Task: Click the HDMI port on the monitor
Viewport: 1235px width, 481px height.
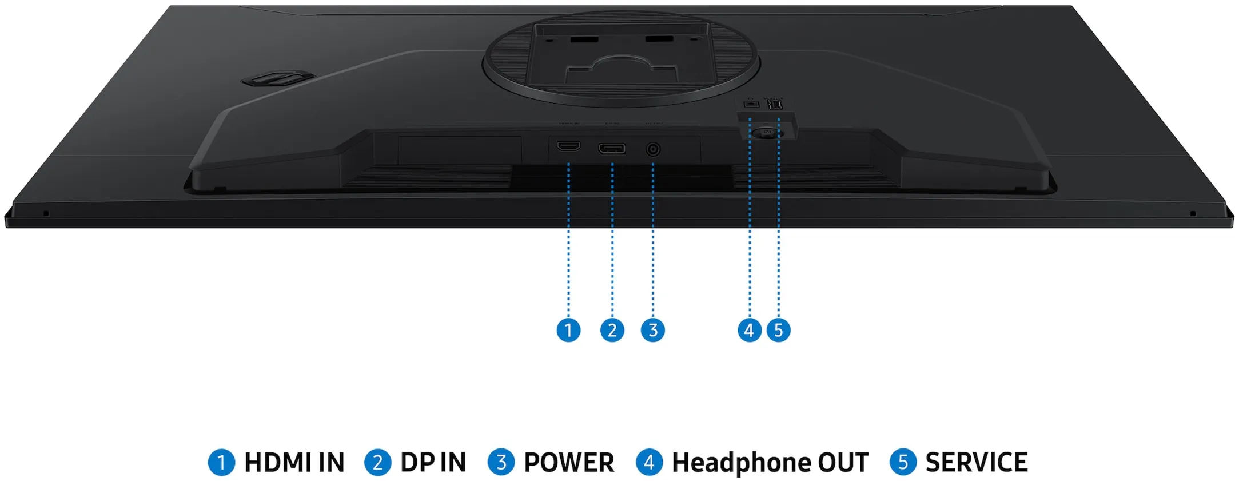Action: [568, 146]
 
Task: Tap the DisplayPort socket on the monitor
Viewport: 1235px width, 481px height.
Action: [612, 149]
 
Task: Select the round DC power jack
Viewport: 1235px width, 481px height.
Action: [653, 150]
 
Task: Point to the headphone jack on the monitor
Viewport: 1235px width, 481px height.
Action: [751, 104]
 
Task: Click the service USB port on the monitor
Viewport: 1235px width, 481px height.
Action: [775, 104]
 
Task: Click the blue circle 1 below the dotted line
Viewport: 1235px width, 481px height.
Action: [568, 330]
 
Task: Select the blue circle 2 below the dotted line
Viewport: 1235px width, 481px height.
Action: [612, 330]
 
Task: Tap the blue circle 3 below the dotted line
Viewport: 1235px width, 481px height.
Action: [653, 330]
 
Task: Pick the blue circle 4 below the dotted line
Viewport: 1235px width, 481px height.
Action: [750, 330]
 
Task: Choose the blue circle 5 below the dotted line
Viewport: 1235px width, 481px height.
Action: [779, 330]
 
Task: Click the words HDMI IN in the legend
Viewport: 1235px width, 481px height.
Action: [294, 462]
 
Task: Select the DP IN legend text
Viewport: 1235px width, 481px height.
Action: [433, 462]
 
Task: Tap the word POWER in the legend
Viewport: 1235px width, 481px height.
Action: [569, 462]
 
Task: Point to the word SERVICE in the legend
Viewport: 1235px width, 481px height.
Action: [977, 462]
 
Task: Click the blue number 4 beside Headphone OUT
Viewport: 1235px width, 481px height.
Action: [649, 462]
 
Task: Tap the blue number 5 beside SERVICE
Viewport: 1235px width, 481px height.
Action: [903, 462]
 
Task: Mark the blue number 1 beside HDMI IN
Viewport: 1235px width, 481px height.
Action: [221, 462]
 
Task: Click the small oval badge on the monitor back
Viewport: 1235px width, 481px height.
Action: [278, 79]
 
